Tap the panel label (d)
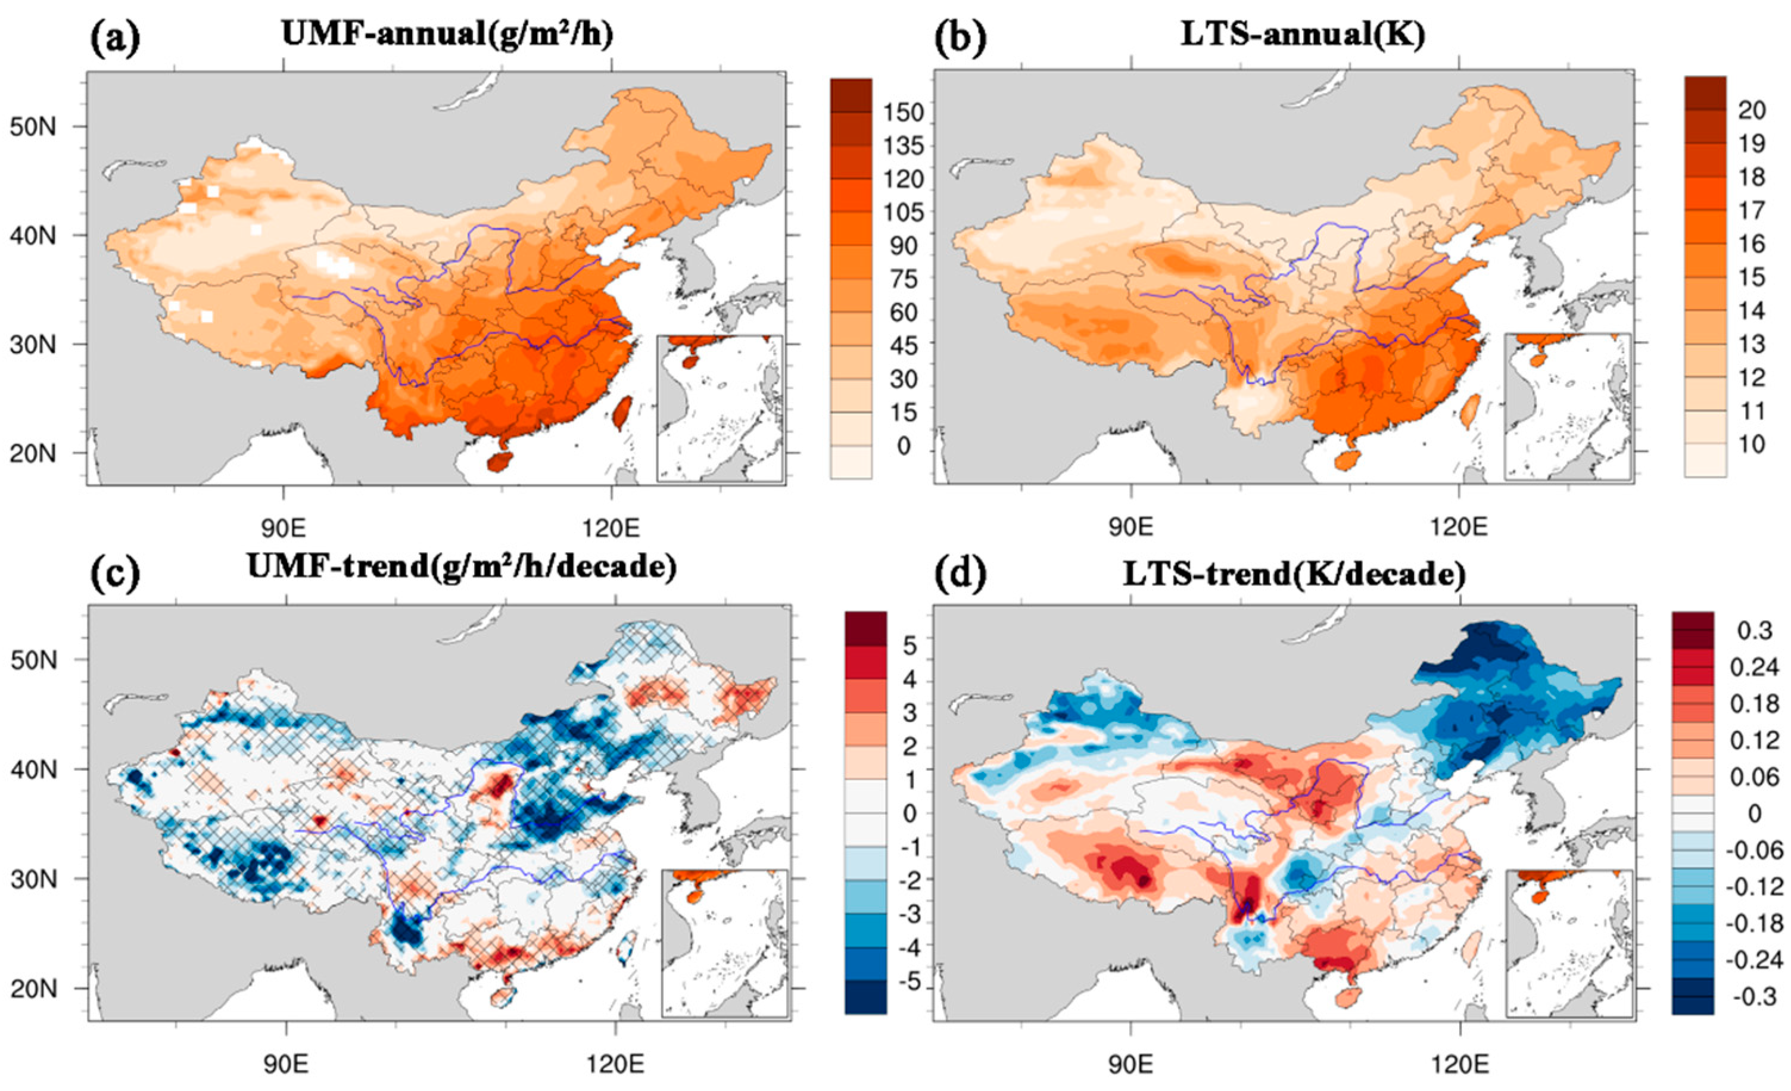tap(960, 574)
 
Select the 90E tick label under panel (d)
tap(1131, 1065)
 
